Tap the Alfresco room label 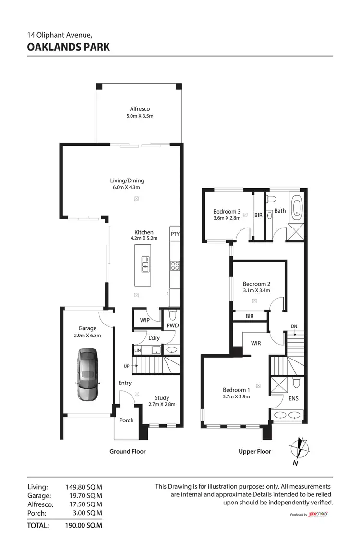pyautogui.click(x=140, y=109)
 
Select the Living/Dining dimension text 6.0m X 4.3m pyautogui.click(x=127, y=188)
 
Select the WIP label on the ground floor pyautogui.click(x=144, y=319)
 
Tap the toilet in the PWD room pyautogui.click(x=173, y=315)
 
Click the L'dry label pyautogui.click(x=154, y=338)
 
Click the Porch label pyautogui.click(x=126, y=420)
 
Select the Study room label pyautogui.click(x=161, y=397)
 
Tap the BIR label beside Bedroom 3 pyautogui.click(x=258, y=215)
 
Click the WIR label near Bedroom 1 pyautogui.click(x=255, y=343)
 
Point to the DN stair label pyautogui.click(x=294, y=327)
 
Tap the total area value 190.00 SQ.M pyautogui.click(x=84, y=525)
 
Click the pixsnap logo pyautogui.click(x=317, y=514)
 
